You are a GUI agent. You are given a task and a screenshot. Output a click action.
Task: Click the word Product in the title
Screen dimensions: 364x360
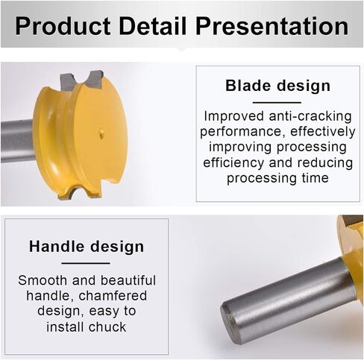coord(63,26)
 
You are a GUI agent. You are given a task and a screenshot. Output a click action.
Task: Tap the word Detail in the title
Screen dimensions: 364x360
coord(153,25)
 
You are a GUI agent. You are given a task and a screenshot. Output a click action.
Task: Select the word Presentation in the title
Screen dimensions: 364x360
coord(272,26)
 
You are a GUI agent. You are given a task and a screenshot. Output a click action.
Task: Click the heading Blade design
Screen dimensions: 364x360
coord(277,86)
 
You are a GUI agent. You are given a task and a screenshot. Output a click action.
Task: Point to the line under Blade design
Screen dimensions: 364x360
coord(277,102)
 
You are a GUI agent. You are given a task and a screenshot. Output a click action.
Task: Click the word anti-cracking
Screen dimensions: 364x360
coord(310,116)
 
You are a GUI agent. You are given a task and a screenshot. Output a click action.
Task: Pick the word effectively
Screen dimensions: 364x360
coord(323,131)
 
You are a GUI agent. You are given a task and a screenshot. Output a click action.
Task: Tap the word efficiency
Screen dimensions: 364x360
coord(233,163)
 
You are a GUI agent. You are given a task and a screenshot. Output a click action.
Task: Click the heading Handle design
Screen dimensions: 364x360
coord(87,247)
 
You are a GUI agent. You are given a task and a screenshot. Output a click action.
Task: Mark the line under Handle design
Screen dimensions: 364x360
coord(86,263)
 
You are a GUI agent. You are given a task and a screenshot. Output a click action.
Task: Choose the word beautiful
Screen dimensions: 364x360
coord(128,280)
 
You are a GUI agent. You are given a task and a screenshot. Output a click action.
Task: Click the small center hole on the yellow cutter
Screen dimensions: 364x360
coord(101,133)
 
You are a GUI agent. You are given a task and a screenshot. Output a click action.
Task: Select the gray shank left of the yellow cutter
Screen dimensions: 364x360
coord(17,141)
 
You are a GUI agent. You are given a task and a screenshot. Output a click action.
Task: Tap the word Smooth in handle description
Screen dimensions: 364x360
coord(43,280)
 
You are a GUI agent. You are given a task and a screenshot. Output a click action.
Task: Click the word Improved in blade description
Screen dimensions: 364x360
coord(234,116)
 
